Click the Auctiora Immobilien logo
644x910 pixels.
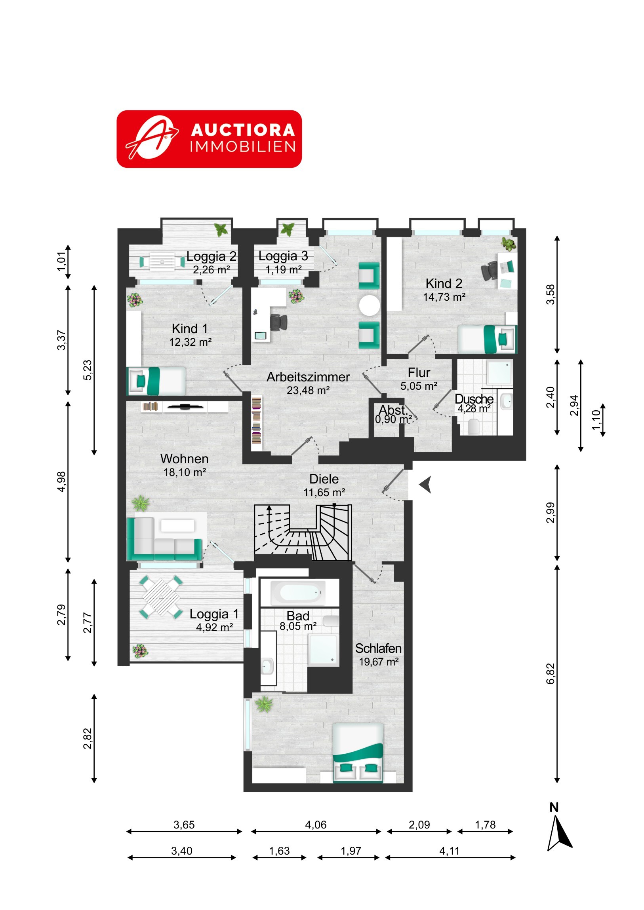click(x=209, y=139)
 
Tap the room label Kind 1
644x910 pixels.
click(x=190, y=328)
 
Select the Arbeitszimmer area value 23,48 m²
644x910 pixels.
click(x=308, y=391)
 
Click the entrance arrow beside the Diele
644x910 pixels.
click(x=425, y=485)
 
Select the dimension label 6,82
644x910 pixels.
click(x=551, y=674)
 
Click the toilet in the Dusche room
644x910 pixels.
click(x=474, y=427)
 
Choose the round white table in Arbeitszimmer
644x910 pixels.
click(x=370, y=305)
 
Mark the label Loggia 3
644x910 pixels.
click(x=283, y=256)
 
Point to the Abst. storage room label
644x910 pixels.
click(x=393, y=410)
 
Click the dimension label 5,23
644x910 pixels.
click(x=87, y=370)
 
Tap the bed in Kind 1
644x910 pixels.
click(x=156, y=381)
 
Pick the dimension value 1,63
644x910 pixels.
click(x=279, y=851)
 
